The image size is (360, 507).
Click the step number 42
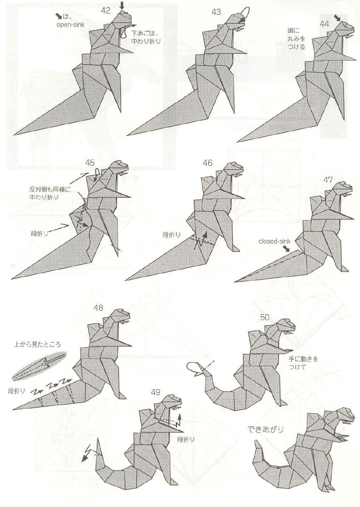click(x=105, y=10)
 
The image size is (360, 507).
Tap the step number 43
click(x=216, y=12)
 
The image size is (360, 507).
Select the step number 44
click(x=324, y=24)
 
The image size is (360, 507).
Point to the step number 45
click(x=90, y=162)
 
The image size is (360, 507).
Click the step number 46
click(x=207, y=162)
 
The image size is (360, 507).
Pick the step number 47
click(x=328, y=180)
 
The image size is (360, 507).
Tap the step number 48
click(x=98, y=307)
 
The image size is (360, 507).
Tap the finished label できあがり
click(x=265, y=430)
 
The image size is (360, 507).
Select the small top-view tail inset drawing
click(x=39, y=365)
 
